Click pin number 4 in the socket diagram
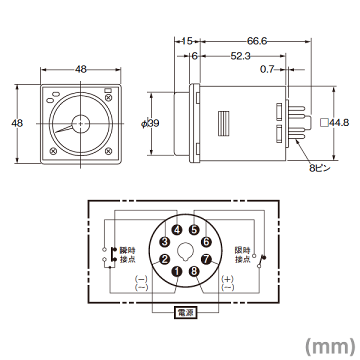coord(177,230)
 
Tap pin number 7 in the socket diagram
coord(206,259)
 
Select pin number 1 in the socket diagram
coord(177,271)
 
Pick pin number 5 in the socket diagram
coord(194,230)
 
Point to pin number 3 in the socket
coord(164,242)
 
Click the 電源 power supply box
coord(185,312)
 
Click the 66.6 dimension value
coord(257,41)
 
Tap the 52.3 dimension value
coord(240,56)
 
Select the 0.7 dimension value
coord(267,69)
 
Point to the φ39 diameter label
coord(150,123)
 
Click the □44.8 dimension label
coord(334,123)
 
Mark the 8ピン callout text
coord(319,168)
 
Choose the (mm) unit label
coord(330,346)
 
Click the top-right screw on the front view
coord(108,97)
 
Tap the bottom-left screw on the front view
coord(53,151)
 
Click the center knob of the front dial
coord(80,124)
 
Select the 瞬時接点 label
coord(127,255)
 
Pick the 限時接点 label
coord(242,255)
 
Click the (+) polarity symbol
coord(227,279)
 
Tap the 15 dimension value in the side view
coord(187,41)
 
